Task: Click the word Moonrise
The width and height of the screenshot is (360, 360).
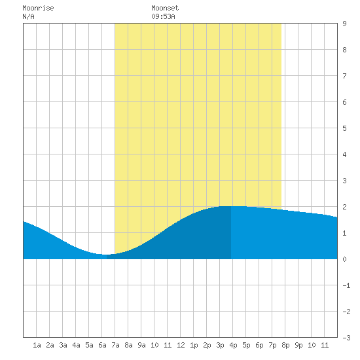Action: tap(38, 9)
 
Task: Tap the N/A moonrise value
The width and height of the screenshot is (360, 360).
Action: tap(28, 16)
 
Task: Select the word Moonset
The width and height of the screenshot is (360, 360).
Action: tap(165, 9)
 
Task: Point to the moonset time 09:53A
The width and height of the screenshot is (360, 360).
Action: tap(163, 16)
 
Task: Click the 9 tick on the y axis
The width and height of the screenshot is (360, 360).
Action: tap(344, 24)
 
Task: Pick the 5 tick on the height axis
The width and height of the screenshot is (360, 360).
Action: tap(344, 128)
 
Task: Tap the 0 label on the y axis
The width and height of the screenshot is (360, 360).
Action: tap(344, 259)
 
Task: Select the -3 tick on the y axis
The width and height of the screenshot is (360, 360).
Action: tap(346, 338)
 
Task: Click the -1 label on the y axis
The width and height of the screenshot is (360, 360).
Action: tap(346, 285)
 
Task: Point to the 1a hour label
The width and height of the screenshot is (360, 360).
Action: tap(37, 345)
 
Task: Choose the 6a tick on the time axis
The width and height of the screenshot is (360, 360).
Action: tap(102, 345)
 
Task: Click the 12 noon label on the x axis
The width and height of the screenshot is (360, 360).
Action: tap(181, 345)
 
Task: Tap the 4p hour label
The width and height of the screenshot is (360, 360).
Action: tap(233, 345)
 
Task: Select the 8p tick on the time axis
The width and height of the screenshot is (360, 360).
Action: tap(285, 345)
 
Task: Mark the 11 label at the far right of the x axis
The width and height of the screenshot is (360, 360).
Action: tap(325, 345)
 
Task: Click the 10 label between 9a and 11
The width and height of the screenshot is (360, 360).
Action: tap(154, 345)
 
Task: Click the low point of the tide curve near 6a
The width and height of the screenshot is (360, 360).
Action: tap(105, 255)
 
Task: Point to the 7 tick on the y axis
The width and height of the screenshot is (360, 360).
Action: tap(344, 76)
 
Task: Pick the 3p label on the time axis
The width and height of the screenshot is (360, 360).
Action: tap(220, 345)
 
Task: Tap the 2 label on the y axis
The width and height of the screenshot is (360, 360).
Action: tap(344, 207)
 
